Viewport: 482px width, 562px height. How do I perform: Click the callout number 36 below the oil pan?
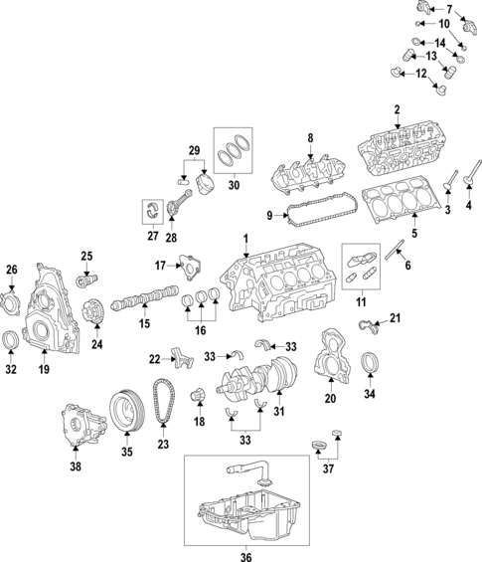(x=245, y=556)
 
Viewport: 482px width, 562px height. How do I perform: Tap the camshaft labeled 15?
(x=146, y=299)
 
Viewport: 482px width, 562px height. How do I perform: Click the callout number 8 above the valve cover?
(x=309, y=138)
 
